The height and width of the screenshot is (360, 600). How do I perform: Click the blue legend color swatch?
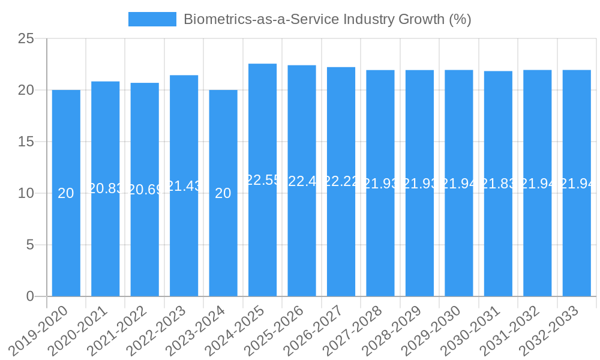coord(152,19)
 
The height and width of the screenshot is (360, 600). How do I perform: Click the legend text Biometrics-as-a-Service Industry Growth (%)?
coord(327,19)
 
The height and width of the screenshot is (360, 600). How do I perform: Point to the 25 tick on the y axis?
coord(26,39)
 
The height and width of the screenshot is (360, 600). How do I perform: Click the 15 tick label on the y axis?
coord(26,142)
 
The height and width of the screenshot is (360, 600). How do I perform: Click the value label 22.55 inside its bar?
coord(262,180)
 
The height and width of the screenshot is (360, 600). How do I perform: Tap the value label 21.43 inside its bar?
coord(184,186)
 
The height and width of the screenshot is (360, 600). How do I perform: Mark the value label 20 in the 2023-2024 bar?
coord(223,193)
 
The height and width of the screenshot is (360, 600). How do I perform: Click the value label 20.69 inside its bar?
coord(145,190)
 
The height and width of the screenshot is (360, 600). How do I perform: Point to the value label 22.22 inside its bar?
coord(341,182)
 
